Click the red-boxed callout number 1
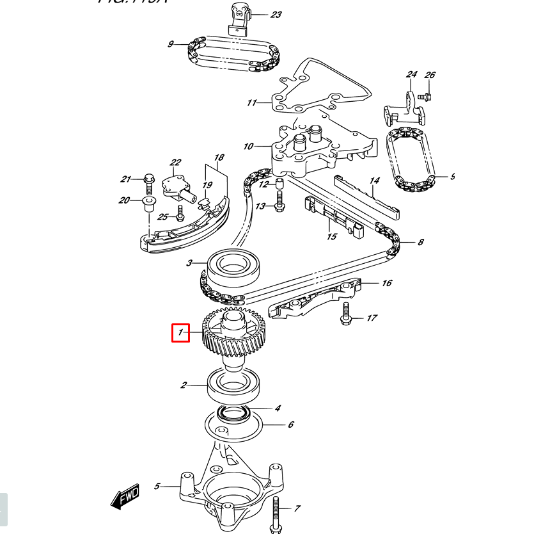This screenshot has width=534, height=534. (180, 332)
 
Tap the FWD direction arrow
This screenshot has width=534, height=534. (126, 495)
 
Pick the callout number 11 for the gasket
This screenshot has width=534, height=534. (251, 102)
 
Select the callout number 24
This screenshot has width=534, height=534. (411, 75)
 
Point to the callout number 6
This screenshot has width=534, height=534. (290, 424)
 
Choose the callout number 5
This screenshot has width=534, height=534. (157, 487)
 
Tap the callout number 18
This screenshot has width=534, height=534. (219, 158)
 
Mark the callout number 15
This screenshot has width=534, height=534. (331, 237)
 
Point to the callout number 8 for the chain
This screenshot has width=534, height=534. (420, 243)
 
